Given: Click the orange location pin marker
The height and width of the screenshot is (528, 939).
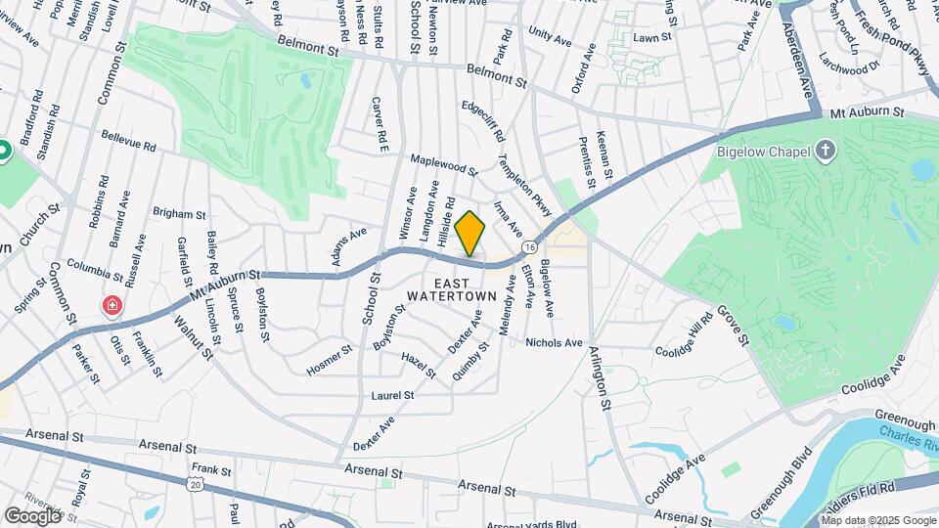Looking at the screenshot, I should click(x=470, y=234).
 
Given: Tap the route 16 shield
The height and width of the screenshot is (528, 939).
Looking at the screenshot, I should click(x=528, y=245).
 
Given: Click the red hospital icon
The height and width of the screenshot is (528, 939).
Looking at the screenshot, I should click(x=113, y=306).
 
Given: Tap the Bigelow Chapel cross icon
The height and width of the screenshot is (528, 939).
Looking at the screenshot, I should click(x=827, y=151).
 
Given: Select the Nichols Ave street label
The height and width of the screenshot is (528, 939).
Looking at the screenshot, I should click(x=554, y=343).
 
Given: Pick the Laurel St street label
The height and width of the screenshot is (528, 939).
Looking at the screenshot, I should click(x=393, y=396).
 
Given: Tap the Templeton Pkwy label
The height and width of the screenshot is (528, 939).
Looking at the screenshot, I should click(x=524, y=185).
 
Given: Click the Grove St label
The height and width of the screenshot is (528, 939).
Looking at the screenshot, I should click(x=732, y=326).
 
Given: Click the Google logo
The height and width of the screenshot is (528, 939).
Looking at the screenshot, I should click(x=32, y=515).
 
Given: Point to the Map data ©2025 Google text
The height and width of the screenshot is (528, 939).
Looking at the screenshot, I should click(x=878, y=520).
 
